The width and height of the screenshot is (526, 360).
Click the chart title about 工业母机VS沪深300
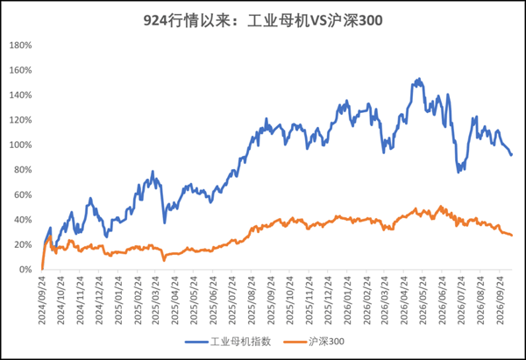(263, 20)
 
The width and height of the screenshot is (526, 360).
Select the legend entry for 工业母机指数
(228, 342)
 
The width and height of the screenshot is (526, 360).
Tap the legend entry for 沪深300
(314, 342)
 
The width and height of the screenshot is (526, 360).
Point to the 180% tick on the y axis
(20, 46)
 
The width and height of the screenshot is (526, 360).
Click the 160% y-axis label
(20, 70)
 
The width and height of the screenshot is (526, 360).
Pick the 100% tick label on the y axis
(20, 145)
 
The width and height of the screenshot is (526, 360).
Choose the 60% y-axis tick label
(23, 194)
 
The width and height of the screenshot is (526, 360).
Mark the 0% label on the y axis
(25, 270)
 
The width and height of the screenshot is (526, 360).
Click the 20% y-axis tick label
(23, 244)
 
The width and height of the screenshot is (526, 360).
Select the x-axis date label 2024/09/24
(42, 300)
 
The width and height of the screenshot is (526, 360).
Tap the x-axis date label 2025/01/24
(118, 300)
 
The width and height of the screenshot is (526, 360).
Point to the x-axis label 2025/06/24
(214, 300)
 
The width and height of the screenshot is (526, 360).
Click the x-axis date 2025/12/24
(328, 300)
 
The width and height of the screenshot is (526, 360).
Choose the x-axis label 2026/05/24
(423, 300)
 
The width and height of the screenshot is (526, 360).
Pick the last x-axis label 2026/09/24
(500, 300)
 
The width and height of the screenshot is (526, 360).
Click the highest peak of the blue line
(419, 79)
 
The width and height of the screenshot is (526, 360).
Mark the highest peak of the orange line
(441, 207)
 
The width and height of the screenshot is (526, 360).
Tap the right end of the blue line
(512, 154)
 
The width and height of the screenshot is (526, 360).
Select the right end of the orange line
(512, 236)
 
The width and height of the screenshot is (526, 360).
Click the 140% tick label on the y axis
(20, 95)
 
